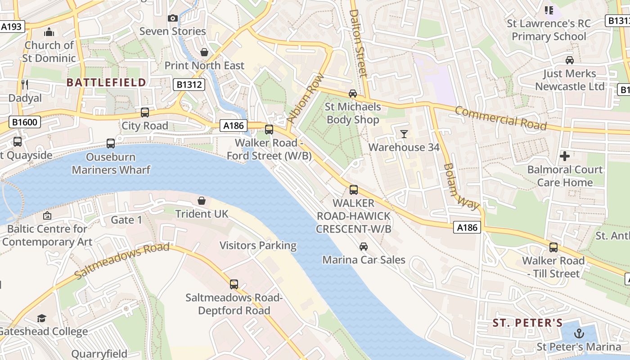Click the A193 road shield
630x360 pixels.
pyautogui.click(x=11, y=27)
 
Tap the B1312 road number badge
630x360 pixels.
pyautogui.click(x=189, y=84)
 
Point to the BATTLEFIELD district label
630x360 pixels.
pyautogui.click(x=106, y=82)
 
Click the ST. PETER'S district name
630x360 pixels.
pyautogui.click(x=527, y=323)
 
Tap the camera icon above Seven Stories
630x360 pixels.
pyautogui.click(x=173, y=18)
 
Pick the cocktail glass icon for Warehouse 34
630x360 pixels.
pyautogui.click(x=404, y=134)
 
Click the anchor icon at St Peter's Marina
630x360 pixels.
pyautogui.click(x=579, y=333)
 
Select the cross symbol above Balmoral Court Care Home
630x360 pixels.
pyautogui.click(x=565, y=156)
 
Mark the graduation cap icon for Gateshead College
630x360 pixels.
pyautogui.click(x=41, y=319)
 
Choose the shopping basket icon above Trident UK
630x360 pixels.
pyautogui.click(x=202, y=200)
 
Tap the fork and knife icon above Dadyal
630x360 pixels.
pyautogui.click(x=25, y=84)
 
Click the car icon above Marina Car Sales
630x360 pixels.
pyautogui.click(x=363, y=246)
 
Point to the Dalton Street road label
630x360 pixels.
pyautogui.click(x=359, y=43)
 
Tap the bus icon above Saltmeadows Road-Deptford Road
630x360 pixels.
pyautogui.click(x=234, y=284)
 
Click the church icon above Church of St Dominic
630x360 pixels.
pyautogui.click(x=49, y=32)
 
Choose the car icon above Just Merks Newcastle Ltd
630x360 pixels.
pyautogui.click(x=569, y=60)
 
